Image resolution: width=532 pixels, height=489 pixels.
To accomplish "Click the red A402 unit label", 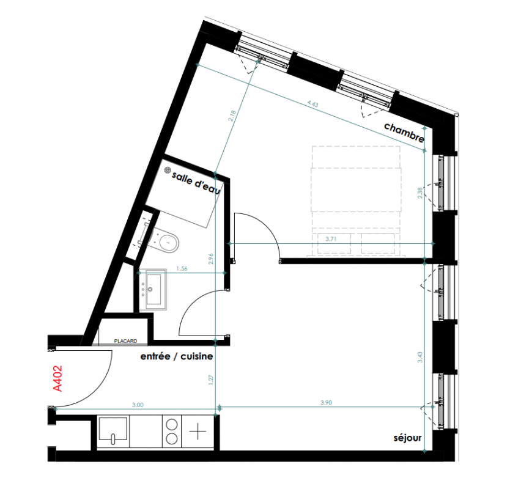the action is point(58,378).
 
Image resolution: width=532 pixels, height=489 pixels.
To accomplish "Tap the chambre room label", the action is point(404,133).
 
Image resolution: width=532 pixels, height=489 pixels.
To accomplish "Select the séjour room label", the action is point(407,438).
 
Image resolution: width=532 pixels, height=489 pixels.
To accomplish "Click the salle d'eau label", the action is point(196,183).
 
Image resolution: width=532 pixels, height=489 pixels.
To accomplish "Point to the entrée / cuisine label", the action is point(177,356).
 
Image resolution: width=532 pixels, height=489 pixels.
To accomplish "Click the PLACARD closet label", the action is point(125,341).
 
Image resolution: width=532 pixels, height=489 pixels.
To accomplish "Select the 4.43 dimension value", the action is point(312,104).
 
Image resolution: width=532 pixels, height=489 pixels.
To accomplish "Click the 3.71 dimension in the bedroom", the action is point(331,239).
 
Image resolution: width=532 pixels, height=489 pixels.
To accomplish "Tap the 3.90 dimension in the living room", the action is point(326,403).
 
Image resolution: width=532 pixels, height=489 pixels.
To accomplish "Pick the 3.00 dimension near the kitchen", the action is point(138,405).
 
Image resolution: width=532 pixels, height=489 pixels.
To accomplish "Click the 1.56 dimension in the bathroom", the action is point(182,268).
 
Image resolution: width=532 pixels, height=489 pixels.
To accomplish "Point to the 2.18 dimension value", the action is point(232,116).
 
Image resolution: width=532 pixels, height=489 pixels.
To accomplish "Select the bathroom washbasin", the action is point(153,289).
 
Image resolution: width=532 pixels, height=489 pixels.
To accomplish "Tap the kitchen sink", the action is point(113,431).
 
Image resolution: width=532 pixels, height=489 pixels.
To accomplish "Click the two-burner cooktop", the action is point(172,432).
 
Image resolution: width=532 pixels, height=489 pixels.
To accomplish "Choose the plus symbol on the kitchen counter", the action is point(198,432).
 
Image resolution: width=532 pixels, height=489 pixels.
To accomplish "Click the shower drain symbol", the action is point(168,170).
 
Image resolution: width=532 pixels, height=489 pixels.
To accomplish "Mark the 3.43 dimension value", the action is point(420,358).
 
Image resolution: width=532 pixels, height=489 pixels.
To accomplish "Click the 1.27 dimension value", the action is point(211,380).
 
